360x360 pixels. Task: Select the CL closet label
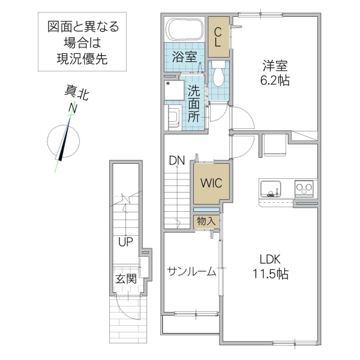pyautogui.click(x=219, y=37)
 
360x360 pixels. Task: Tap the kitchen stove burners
pyautogui.click(x=305, y=188)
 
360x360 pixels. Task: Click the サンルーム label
pyautogui.click(x=191, y=272)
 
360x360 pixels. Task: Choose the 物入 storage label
pyautogui.click(x=206, y=221)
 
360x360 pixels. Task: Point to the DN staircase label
pyautogui.click(x=177, y=160)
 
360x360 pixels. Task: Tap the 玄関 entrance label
pyautogui.click(x=126, y=279)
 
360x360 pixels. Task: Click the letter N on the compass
pyautogui.click(x=73, y=108)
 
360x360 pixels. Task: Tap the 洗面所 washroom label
pyautogui.click(x=194, y=104)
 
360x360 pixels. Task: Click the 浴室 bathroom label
pyautogui.click(x=184, y=58)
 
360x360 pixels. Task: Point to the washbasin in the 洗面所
pyautogui.click(x=174, y=117)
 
